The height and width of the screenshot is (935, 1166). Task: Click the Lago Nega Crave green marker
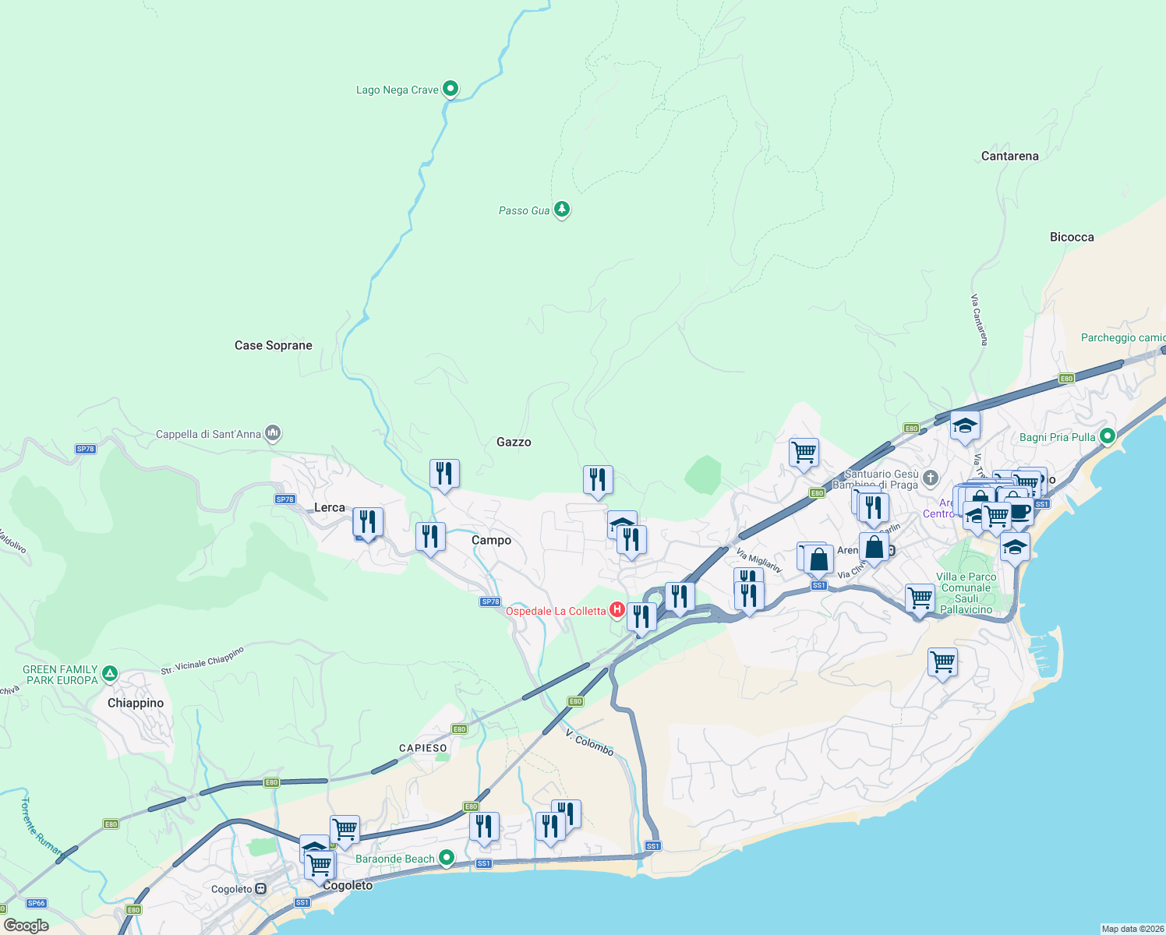450,89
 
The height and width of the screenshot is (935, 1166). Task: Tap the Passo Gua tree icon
561,210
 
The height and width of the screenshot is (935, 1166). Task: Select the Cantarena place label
1009,156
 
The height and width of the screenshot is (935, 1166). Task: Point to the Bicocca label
1072,237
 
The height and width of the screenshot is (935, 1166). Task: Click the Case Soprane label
273,345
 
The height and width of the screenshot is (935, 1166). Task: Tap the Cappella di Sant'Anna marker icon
272,432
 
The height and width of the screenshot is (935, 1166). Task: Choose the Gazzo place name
514,442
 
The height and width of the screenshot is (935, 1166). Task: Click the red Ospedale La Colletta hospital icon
617,610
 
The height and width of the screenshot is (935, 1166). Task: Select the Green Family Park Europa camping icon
110,674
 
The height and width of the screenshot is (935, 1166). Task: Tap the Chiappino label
136,703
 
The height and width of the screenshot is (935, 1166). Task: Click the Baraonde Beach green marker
447,858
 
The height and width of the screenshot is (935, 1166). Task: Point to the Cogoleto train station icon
261,888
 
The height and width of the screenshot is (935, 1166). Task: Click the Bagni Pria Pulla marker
1108,436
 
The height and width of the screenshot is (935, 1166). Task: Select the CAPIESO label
423,748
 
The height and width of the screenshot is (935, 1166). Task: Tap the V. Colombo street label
590,743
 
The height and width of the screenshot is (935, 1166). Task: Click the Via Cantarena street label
980,319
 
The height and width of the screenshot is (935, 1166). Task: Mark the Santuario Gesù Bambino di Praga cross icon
930,478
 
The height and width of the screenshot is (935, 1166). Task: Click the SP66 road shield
37,903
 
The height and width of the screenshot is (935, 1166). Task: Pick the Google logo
26,925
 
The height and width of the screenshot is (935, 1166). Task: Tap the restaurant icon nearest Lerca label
368,522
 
